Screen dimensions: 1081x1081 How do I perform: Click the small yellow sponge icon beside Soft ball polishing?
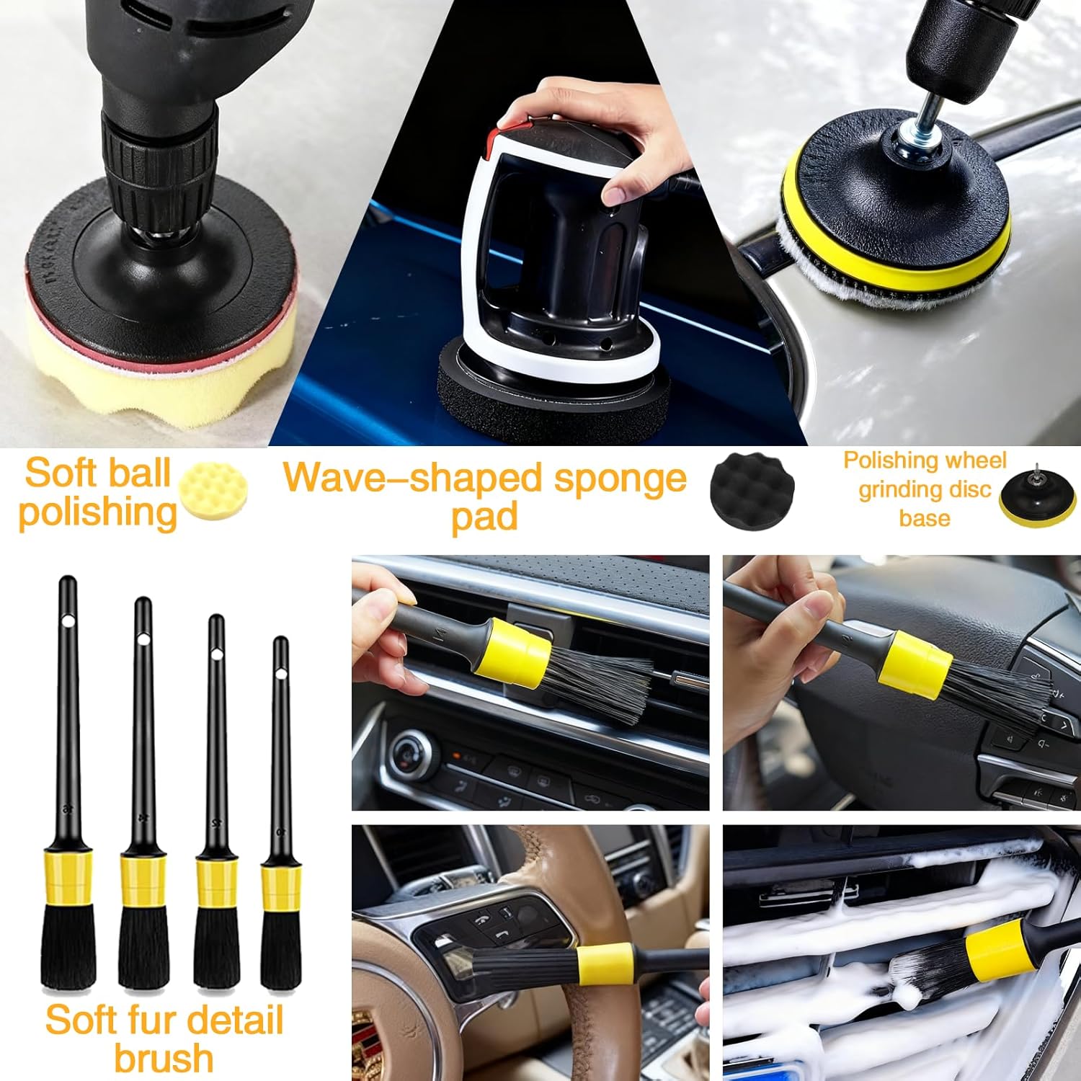(x=213, y=491)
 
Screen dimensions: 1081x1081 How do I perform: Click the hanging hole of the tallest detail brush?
(x=68, y=620)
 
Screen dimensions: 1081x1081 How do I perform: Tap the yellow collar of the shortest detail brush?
(x=281, y=887)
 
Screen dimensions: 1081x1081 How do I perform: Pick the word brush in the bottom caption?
(x=164, y=1058)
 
